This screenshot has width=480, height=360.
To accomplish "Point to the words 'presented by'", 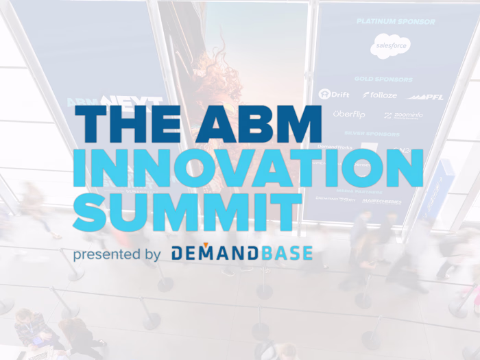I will point(117,254).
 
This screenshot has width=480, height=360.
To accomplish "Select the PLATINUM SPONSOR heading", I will point(396,21).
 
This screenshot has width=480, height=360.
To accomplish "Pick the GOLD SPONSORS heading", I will point(394,78).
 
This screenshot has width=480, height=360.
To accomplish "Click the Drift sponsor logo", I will point(335,94).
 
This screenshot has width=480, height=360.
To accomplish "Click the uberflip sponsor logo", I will point(349,114).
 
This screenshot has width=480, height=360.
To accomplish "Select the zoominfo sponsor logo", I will point(404,115).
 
